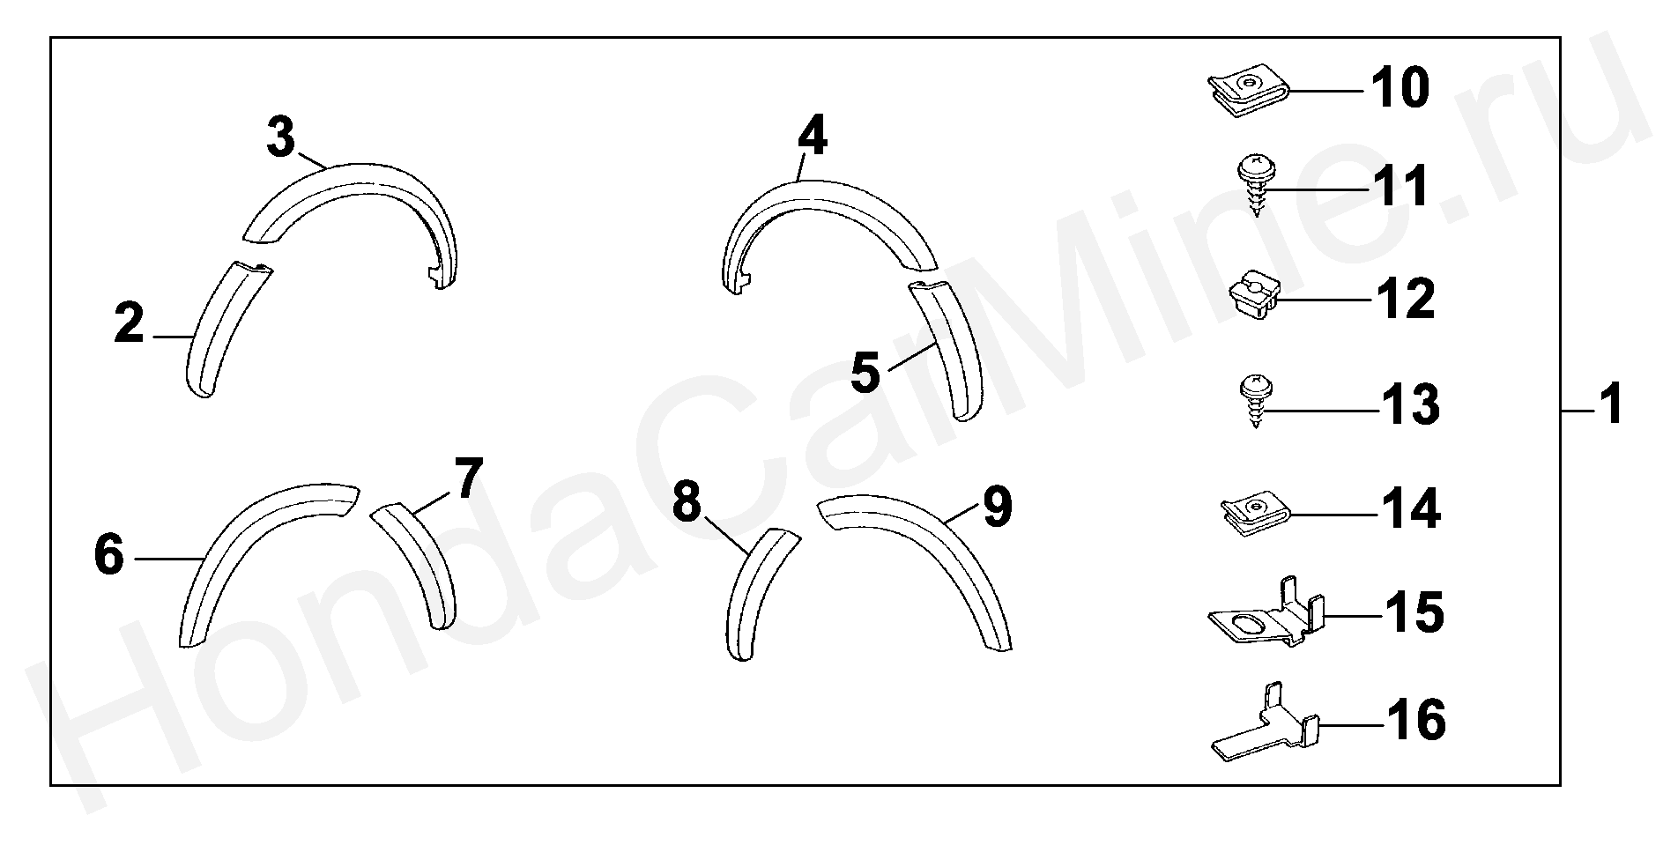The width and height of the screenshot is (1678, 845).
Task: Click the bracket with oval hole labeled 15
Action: point(1266,613)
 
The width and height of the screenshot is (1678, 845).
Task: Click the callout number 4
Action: point(813,137)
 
